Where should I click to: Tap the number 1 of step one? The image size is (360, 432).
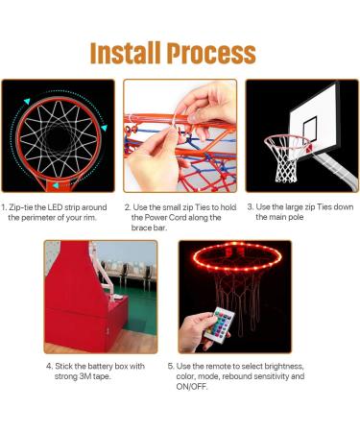tap(3, 206)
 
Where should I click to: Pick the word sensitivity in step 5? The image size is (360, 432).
tap(276, 376)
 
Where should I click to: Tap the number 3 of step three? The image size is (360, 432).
tap(251, 206)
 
